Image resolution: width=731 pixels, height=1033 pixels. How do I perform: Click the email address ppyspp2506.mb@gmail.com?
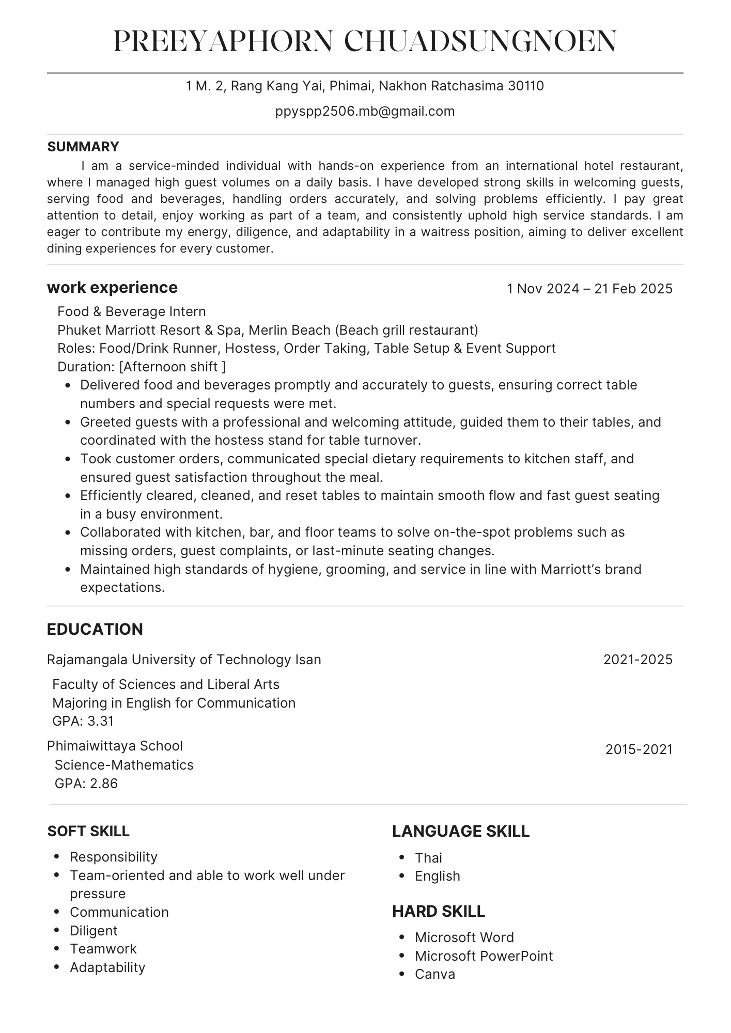[x=365, y=112]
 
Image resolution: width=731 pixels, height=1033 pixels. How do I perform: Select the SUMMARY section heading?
[x=83, y=147]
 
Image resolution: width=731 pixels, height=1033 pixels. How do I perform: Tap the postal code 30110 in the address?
[x=526, y=86]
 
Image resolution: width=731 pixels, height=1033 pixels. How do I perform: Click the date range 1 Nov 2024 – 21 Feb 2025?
[x=589, y=289]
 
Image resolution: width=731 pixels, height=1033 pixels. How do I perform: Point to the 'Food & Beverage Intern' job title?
[x=132, y=311]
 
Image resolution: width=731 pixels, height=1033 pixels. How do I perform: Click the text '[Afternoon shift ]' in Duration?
[x=173, y=367]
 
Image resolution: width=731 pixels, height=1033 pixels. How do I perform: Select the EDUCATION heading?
[x=95, y=629]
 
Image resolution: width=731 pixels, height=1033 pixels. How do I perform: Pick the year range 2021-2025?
[x=638, y=660]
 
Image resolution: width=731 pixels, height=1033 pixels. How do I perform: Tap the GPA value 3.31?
[x=101, y=721]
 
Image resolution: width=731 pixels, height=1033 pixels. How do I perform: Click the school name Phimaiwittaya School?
[x=115, y=746]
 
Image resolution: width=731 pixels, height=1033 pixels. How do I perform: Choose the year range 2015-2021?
[x=639, y=749]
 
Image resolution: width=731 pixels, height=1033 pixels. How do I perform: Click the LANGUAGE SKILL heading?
[x=461, y=831]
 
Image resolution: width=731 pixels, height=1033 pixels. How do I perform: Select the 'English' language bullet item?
[x=438, y=876]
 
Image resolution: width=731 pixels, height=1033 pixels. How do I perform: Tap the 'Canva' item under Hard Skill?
[x=435, y=974]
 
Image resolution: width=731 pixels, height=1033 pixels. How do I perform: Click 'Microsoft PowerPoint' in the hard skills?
[x=484, y=956]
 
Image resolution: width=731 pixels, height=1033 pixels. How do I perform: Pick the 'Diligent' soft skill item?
[x=94, y=931]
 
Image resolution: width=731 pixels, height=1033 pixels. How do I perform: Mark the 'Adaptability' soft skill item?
[x=107, y=967]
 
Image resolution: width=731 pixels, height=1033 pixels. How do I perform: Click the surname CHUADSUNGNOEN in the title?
[x=480, y=41]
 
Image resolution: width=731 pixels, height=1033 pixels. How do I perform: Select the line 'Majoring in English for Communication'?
[x=174, y=703]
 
